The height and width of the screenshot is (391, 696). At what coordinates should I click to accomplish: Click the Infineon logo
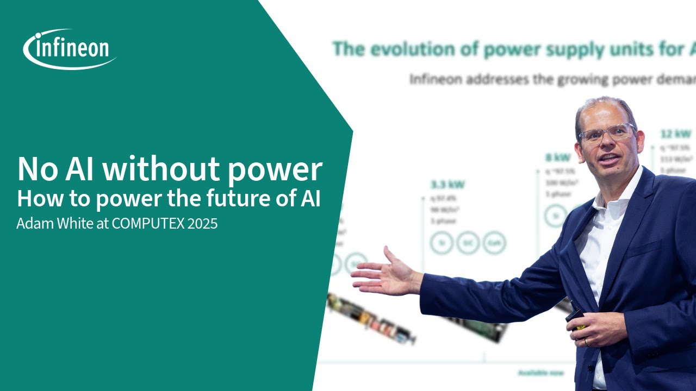tap(70, 49)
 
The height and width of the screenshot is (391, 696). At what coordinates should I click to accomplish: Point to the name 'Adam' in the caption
tap(32, 224)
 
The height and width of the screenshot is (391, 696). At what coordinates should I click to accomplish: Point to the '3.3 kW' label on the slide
tap(448, 185)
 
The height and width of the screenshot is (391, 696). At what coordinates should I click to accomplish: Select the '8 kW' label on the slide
tap(558, 158)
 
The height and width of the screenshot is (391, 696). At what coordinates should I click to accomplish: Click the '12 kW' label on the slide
tap(676, 134)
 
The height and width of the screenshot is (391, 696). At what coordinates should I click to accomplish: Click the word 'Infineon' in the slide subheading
tap(435, 80)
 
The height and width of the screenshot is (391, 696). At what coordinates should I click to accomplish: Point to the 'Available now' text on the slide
tap(540, 373)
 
